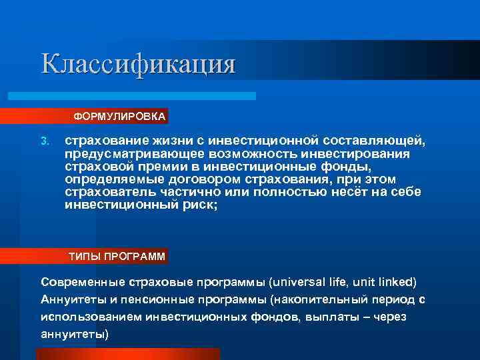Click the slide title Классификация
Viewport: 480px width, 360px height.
pos(138,64)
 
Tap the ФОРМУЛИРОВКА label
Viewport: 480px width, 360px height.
pos(120,117)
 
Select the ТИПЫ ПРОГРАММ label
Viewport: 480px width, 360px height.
pos(117,256)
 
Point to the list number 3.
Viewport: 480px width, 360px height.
pos(45,141)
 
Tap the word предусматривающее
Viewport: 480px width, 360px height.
pos(131,154)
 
